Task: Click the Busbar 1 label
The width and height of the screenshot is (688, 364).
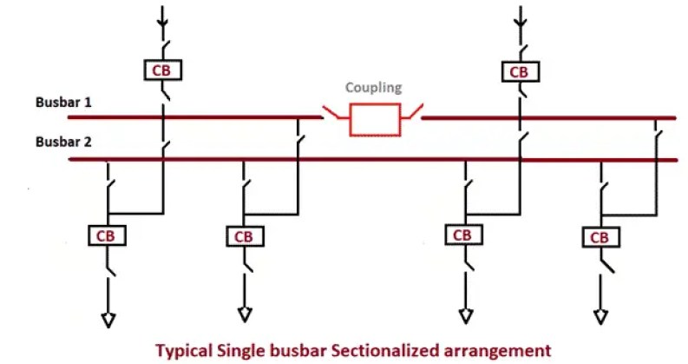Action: tap(63, 103)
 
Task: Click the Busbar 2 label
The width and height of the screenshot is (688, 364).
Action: tap(63, 142)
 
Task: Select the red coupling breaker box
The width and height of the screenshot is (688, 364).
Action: tap(374, 119)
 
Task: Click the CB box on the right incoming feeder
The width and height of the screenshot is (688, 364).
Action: tap(520, 71)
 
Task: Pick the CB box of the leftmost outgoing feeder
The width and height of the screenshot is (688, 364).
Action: tap(107, 235)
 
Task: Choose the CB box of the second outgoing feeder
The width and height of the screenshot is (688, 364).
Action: tap(244, 236)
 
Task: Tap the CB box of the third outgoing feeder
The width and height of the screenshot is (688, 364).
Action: tap(463, 235)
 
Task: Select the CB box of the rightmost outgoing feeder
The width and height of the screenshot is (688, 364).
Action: tap(599, 236)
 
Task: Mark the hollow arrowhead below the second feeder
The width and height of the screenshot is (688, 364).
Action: tap(245, 312)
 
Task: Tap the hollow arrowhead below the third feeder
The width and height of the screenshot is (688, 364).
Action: tap(464, 313)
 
